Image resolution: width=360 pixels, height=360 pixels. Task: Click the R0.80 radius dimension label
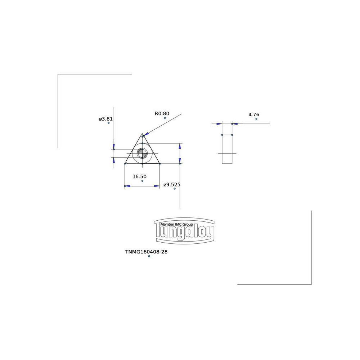pyautogui.click(x=162, y=113)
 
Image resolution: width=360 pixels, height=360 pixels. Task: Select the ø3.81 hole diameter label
pyautogui.click(x=106, y=119)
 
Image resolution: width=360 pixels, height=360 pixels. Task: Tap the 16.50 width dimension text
pyautogui.click(x=139, y=176)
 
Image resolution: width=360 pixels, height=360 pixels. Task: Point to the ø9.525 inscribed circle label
pyautogui.click(x=172, y=185)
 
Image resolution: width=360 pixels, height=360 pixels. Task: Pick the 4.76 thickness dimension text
pyautogui.click(x=254, y=114)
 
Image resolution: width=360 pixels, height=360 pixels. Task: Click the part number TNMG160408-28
pyautogui.click(x=146, y=252)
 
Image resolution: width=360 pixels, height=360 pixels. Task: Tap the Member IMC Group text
pyautogui.click(x=177, y=224)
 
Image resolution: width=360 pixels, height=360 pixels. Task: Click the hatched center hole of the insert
pyautogui.click(x=143, y=154)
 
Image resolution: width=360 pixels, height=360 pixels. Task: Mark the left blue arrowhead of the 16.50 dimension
pyautogui.click(x=127, y=186)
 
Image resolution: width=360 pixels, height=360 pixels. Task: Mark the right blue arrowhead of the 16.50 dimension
pyautogui.click(x=157, y=186)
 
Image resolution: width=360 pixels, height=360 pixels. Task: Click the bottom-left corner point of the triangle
pyautogui.click(x=125, y=164)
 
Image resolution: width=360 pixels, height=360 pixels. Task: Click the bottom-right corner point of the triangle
pyautogui.click(x=160, y=164)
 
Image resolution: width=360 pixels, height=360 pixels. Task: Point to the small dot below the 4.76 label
pyautogui.click(x=256, y=119)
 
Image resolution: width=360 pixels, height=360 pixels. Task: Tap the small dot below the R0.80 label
pyautogui.click(x=165, y=118)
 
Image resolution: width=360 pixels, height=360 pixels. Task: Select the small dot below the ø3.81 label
pyautogui.click(x=108, y=123)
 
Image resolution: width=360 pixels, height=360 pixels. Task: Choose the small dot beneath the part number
pyautogui.click(x=149, y=256)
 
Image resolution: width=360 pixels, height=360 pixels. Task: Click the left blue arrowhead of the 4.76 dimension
pyautogui.click(x=219, y=124)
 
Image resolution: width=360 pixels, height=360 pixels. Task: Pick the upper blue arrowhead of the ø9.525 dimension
pyautogui.click(x=180, y=146)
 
